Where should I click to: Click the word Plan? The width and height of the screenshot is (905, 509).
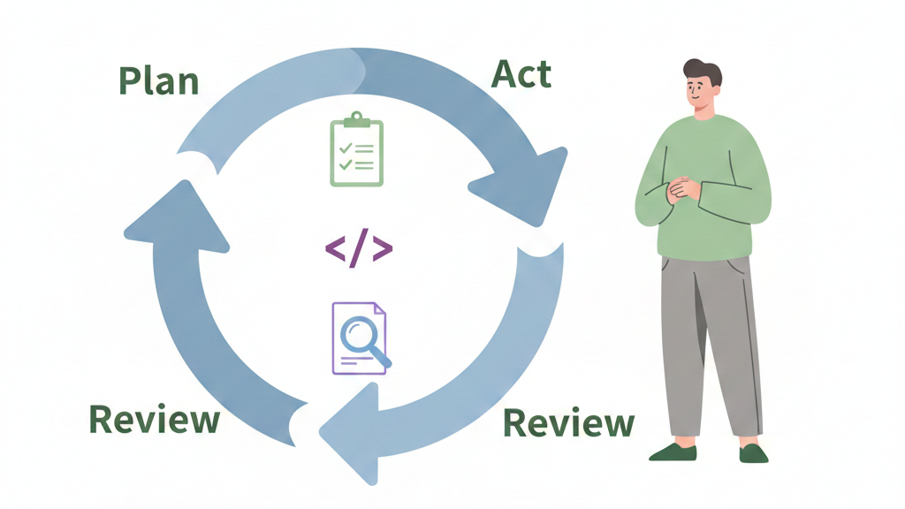(x=159, y=80)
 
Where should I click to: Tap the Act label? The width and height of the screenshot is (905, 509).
(x=521, y=74)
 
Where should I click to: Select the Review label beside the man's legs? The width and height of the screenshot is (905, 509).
(x=568, y=423)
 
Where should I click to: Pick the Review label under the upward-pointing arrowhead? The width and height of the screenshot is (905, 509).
(x=155, y=419)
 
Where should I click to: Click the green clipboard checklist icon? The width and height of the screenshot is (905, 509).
(x=356, y=151)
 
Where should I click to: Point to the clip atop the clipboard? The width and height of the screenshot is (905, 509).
(x=356, y=119)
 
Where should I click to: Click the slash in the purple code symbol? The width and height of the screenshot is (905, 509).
(x=359, y=250)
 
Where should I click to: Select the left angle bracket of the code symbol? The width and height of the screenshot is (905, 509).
(x=336, y=250)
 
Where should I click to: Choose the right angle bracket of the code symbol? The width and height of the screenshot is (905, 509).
(x=382, y=250)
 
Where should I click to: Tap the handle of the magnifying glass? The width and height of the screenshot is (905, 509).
(x=382, y=359)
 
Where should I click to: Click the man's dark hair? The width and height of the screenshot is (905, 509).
(x=703, y=71)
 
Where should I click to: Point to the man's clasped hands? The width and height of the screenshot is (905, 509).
(x=683, y=189)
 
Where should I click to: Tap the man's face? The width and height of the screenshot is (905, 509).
(x=701, y=93)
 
